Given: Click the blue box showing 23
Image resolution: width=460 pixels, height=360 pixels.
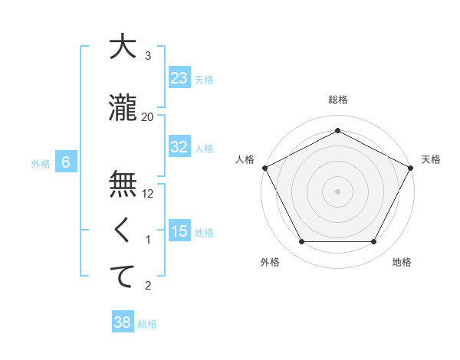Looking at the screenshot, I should (179, 78).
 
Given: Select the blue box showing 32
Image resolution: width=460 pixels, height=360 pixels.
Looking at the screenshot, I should (179, 147).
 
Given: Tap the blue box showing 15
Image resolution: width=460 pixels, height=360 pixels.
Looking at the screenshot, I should (179, 231).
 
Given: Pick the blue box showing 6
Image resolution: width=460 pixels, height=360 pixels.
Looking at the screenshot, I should (66, 162).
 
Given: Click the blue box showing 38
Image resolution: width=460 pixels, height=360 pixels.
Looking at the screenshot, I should (123, 322).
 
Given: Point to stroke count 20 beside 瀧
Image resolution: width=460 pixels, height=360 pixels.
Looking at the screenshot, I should (148, 116).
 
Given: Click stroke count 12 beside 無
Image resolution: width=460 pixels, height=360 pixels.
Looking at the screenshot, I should (148, 194).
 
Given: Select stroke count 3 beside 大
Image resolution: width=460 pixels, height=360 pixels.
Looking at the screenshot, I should (148, 56).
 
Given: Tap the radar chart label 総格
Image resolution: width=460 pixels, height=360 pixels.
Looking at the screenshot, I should (337, 100).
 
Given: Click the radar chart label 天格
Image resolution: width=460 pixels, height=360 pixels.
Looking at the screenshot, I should (431, 159).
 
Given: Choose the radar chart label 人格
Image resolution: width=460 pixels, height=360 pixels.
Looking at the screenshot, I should (245, 159).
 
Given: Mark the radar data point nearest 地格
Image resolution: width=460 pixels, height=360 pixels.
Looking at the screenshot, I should (373, 242).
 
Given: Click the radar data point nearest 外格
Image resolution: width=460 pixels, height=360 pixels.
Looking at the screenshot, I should (301, 242).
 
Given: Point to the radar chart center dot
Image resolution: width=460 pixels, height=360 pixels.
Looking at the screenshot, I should (337, 191).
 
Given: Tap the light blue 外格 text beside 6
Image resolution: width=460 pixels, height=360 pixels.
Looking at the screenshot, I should (40, 163).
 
